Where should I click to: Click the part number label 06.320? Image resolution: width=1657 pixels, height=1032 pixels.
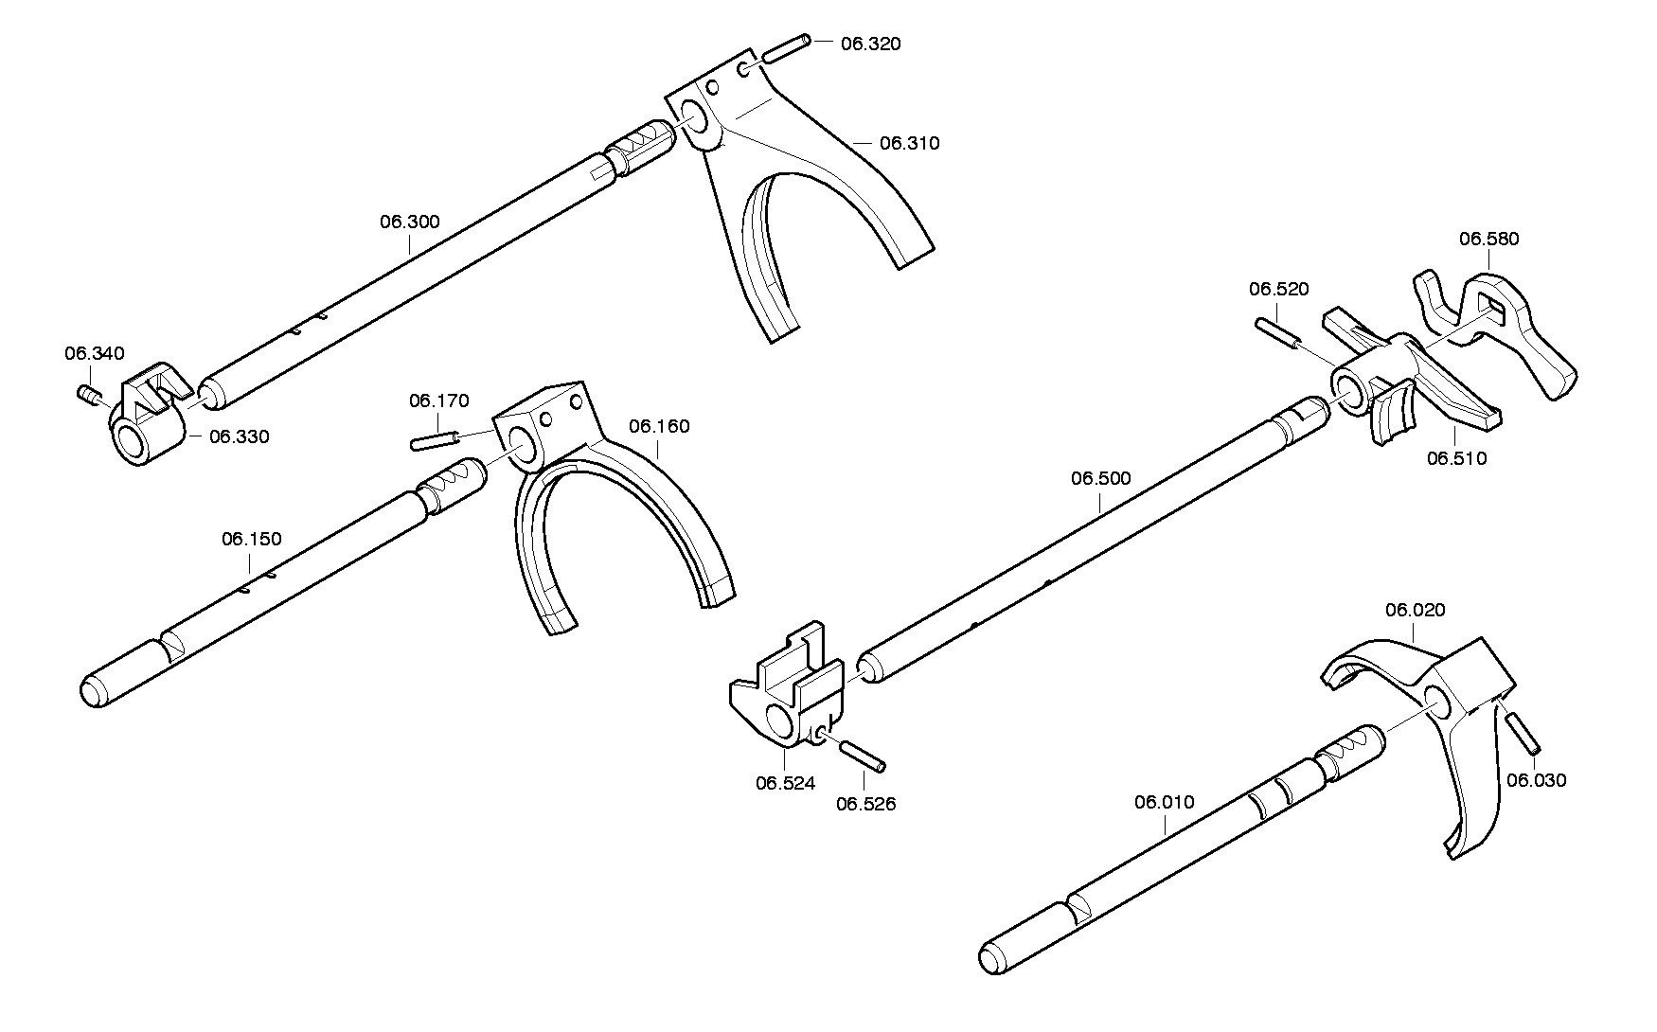tap(870, 44)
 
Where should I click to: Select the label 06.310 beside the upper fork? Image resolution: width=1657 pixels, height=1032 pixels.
tap(909, 143)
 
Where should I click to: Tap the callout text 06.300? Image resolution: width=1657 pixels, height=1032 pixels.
tap(410, 222)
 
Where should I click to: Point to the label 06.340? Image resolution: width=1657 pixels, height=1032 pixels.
tap(95, 353)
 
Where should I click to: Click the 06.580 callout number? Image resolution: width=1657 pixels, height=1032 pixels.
tap(1488, 239)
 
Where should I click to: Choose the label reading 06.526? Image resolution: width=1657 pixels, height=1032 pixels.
tap(865, 804)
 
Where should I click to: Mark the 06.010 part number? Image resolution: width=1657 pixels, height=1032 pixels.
tap(1164, 802)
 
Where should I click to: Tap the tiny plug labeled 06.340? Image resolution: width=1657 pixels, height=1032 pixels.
tap(88, 394)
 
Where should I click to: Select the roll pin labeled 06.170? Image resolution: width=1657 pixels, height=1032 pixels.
tap(436, 440)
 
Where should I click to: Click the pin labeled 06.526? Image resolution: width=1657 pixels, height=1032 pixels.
tap(863, 756)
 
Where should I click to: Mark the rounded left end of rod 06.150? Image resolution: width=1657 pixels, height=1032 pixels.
tap(93, 688)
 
